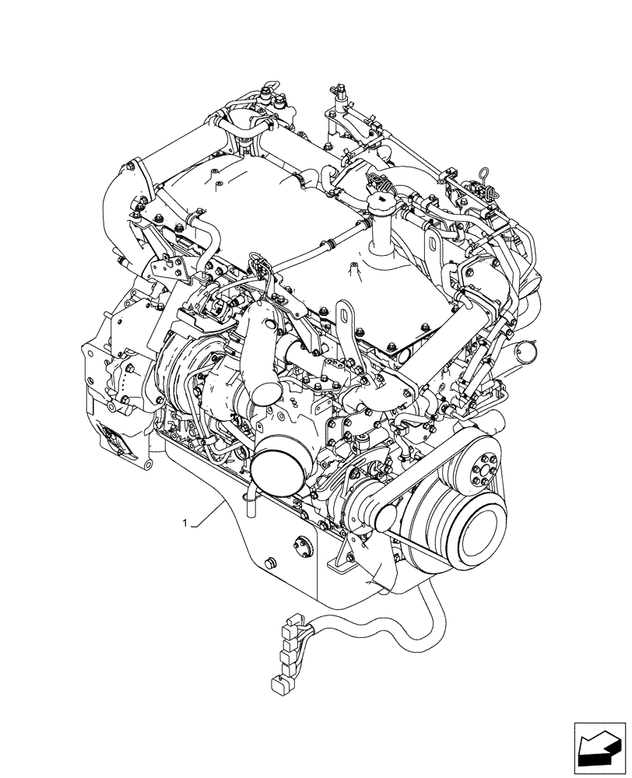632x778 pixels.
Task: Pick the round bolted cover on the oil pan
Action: click(301, 548)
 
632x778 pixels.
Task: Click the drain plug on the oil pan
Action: click(270, 564)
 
